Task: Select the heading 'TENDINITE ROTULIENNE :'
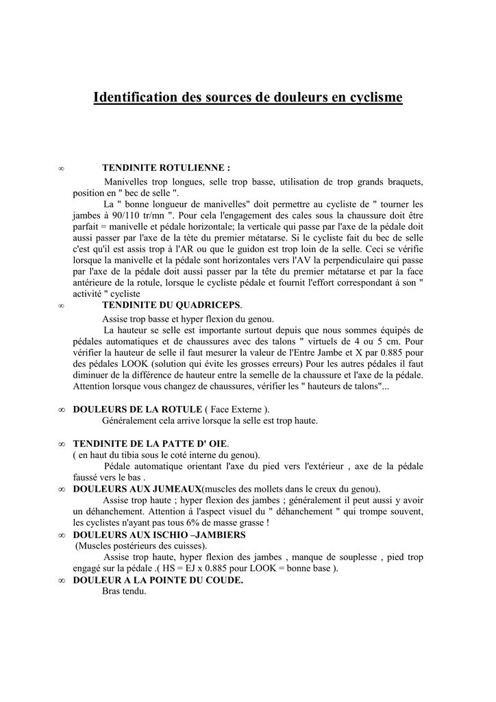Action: pyautogui.click(x=166, y=167)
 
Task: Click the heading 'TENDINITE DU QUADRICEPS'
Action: pyautogui.click(x=171, y=305)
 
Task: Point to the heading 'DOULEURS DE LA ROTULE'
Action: pyautogui.click(x=138, y=409)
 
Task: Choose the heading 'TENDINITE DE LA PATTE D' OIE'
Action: pyautogui.click(x=151, y=444)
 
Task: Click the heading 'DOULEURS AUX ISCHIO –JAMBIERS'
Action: pyautogui.click(x=159, y=534)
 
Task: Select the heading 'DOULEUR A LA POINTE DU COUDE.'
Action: pyautogui.click(x=158, y=580)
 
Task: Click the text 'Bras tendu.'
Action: pyautogui.click(x=124, y=591)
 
